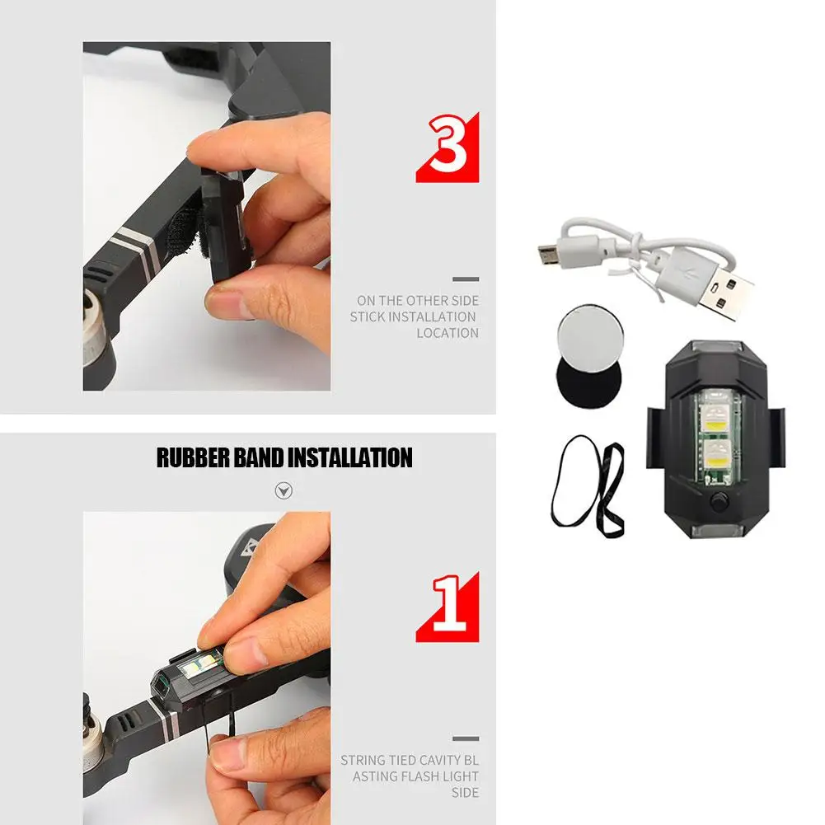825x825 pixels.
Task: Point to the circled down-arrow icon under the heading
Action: pyautogui.click(x=284, y=491)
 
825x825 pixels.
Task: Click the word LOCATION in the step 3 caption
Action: pyautogui.click(x=447, y=333)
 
